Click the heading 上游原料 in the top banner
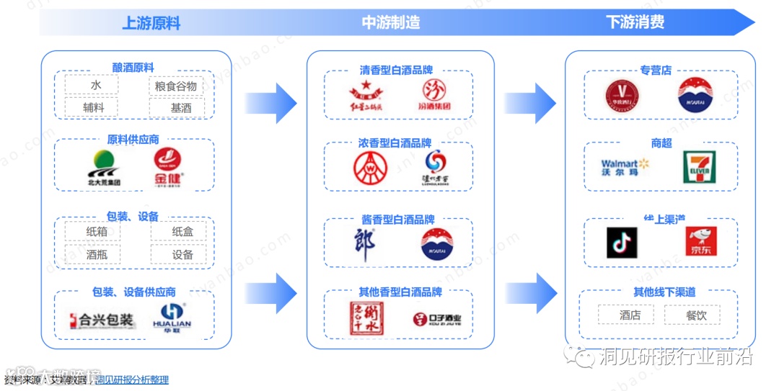click(151, 23)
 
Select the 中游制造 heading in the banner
click(390, 23)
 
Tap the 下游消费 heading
click(635, 23)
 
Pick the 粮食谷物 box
click(177, 86)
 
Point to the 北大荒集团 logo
click(104, 168)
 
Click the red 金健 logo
click(168, 167)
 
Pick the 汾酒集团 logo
click(436, 98)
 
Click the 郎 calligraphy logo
click(364, 246)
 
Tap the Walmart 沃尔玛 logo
click(625, 168)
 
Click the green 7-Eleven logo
click(698, 167)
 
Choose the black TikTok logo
click(622, 243)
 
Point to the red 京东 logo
click(700, 243)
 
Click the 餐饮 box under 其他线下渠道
click(696, 315)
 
